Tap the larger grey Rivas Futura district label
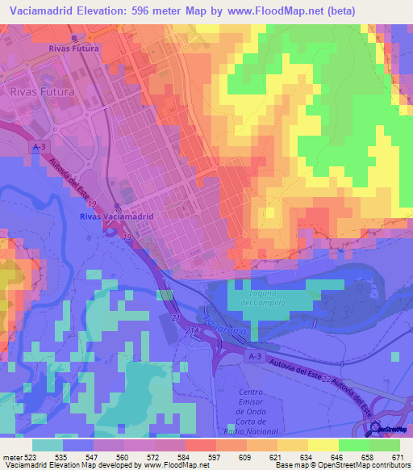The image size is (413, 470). [x=42, y=92]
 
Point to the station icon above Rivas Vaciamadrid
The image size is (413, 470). [x=118, y=206]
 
